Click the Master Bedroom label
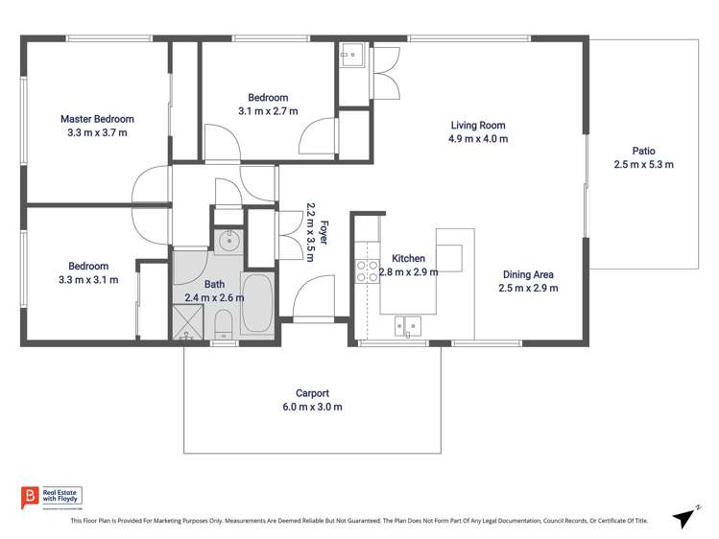click(97, 119)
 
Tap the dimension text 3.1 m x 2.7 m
click(268, 111)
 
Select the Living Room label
click(478, 125)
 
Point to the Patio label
click(643, 151)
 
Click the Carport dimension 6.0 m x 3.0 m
click(312, 407)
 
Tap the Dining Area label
click(528, 274)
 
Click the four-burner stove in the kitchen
click(367, 271)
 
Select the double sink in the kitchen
click(408, 326)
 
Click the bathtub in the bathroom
click(256, 304)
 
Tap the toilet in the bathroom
click(223, 324)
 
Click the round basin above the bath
click(228, 242)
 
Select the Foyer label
click(324, 232)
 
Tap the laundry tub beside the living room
click(352, 55)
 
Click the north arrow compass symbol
click(683, 517)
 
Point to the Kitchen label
click(408, 259)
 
